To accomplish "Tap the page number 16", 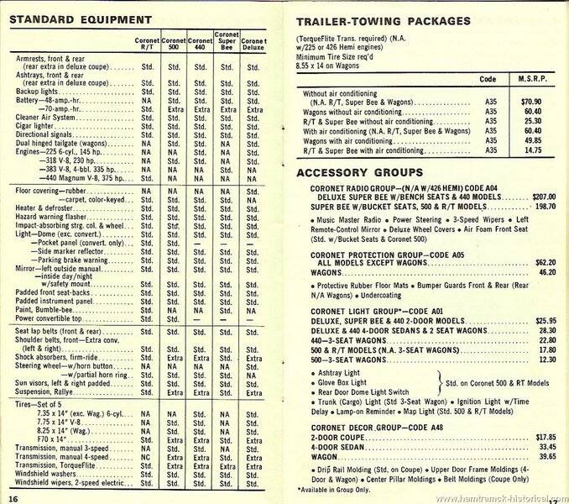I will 12,499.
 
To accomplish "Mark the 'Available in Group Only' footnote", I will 336,489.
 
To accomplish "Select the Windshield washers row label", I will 44,473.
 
